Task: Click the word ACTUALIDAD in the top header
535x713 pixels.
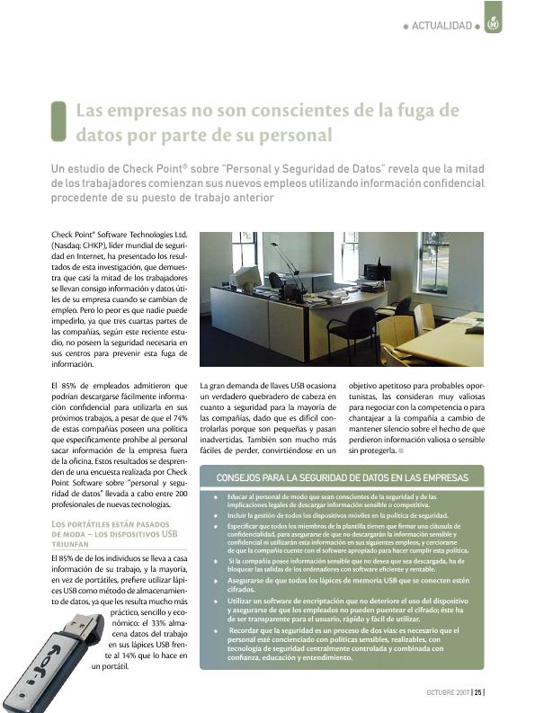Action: click(x=441, y=25)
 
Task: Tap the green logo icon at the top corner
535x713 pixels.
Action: click(x=492, y=24)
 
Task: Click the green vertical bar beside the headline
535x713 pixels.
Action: click(x=59, y=121)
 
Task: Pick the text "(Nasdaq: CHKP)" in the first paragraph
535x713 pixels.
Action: click(x=80, y=244)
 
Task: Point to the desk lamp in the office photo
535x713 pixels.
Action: click(x=287, y=261)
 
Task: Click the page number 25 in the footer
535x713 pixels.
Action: click(x=478, y=692)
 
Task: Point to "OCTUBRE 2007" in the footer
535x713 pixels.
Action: click(x=449, y=692)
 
